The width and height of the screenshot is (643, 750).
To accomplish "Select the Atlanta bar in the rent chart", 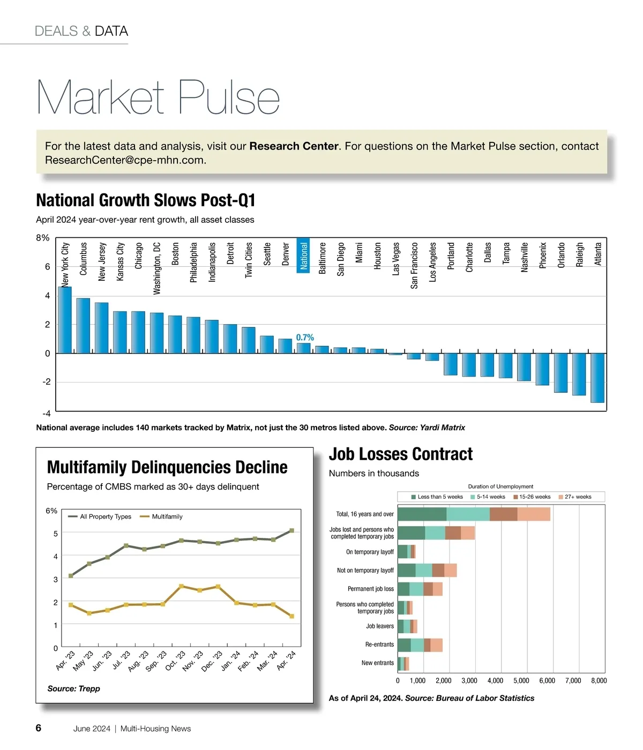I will pos(597,378).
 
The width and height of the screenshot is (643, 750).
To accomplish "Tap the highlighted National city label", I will pos(304,256).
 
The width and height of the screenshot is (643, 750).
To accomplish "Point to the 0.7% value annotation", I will pos(305,337).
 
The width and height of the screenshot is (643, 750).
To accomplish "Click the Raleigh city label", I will pos(579,254).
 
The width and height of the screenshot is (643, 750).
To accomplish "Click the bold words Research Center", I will pos(294,146).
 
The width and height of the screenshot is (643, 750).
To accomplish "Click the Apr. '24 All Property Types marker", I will pos(291,530).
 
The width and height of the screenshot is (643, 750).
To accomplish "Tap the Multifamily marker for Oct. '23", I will pos(181,586).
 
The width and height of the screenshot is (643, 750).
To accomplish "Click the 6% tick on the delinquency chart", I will pos(51,511).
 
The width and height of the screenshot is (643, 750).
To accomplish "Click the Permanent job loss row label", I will pos(370,589).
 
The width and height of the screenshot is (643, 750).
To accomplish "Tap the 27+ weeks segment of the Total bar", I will pos(534,514).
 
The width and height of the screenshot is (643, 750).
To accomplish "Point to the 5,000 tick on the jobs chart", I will pos(521,681).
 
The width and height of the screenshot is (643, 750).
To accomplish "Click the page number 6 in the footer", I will pos(39,728).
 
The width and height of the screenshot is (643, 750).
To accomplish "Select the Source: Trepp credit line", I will pos(73,689).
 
